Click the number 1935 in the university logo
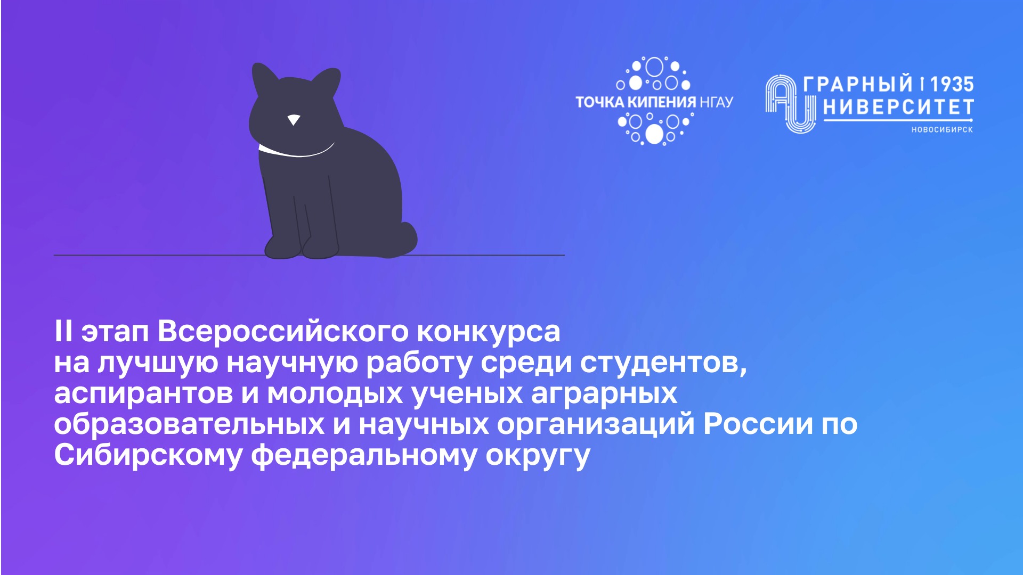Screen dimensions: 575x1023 [x=952, y=84]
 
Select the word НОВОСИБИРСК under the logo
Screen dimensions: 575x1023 [x=942, y=129]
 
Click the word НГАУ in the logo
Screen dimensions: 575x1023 [x=716, y=102]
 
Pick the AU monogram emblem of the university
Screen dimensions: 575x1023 [x=790, y=104]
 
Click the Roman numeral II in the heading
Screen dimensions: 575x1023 [x=63, y=331]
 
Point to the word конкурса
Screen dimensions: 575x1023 [x=488, y=331]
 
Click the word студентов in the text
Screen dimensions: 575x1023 [x=663, y=363]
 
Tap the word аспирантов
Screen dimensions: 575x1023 [x=143, y=394]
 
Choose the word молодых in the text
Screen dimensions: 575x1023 [x=335, y=394]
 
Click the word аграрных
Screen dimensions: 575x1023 [x=604, y=394]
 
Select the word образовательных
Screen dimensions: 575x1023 [x=189, y=424]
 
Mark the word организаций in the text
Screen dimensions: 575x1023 [x=596, y=424]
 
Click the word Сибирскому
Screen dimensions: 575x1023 [x=148, y=455]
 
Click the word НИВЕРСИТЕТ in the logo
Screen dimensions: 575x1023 [x=898, y=107]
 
